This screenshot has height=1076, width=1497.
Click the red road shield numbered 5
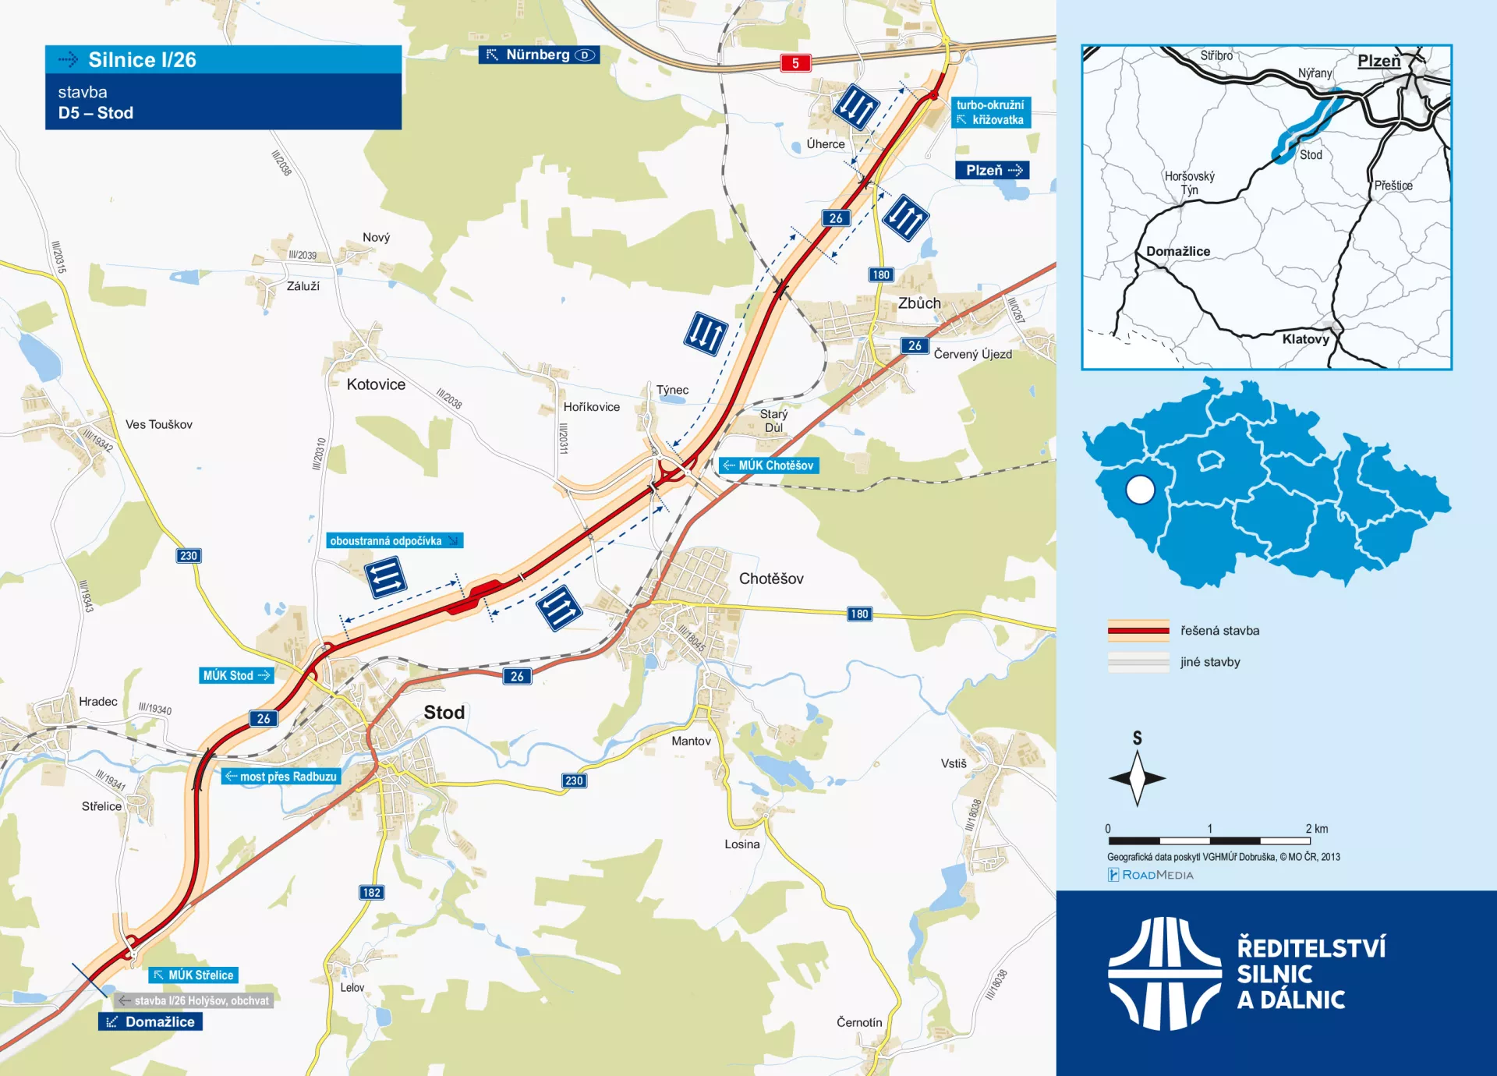click(x=795, y=63)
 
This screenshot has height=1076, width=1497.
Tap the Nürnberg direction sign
click(x=539, y=55)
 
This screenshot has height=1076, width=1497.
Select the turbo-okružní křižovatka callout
click(x=990, y=112)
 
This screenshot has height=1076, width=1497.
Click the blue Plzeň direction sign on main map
click(x=992, y=170)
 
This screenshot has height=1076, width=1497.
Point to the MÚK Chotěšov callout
click(x=769, y=465)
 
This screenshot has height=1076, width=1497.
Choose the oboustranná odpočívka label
click(x=394, y=540)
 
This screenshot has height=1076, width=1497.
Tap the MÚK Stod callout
click(x=235, y=675)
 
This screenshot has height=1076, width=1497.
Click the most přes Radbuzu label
click(x=281, y=777)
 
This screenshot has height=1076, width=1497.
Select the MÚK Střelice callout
click(x=193, y=975)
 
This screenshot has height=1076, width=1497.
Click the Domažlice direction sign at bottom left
click(x=150, y=1021)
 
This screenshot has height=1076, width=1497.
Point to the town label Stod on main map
click(x=444, y=712)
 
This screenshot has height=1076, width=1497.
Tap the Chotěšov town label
click(x=770, y=579)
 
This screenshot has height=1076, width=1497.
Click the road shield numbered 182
click(x=371, y=892)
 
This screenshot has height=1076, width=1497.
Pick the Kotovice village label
click(x=376, y=384)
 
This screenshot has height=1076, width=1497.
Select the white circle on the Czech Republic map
click(x=1140, y=490)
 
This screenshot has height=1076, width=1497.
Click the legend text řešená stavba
click(x=1219, y=631)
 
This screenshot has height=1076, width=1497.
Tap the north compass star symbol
click(x=1137, y=777)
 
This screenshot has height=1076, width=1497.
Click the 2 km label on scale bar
click(x=1316, y=829)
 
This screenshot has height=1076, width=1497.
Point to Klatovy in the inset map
click(x=1305, y=339)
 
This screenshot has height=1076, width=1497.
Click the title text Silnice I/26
click(x=142, y=60)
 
